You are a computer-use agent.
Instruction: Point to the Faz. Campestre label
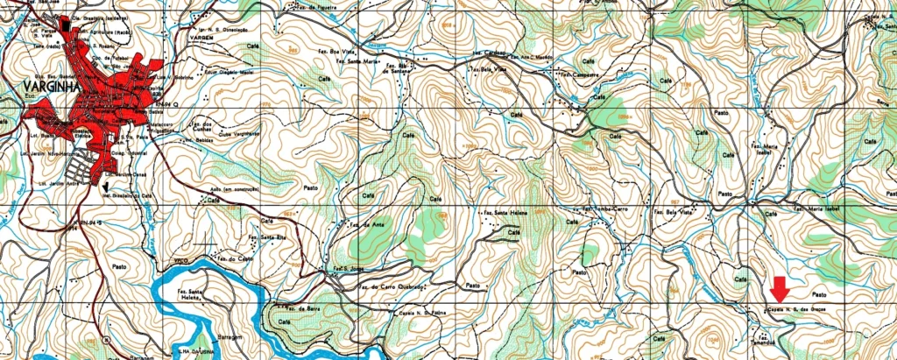click(x=579, y=75)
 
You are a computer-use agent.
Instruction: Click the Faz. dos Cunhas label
click(x=200, y=126)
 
